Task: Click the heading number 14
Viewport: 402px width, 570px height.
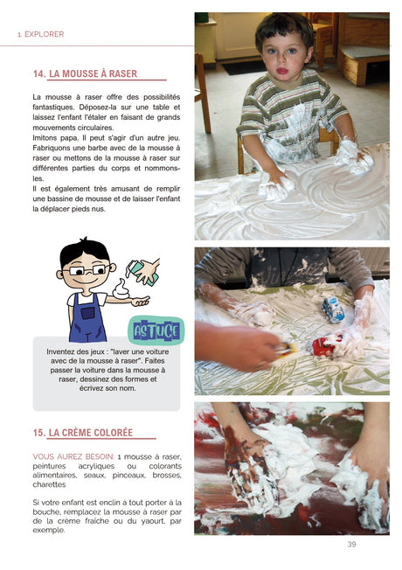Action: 38,75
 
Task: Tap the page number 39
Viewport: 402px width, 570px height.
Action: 351,545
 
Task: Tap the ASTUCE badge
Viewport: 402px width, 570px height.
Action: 156,330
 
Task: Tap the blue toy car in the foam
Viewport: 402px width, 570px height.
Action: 333,307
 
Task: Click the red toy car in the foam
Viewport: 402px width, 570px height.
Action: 325,345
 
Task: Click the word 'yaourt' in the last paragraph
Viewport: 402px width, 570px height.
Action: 141,519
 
